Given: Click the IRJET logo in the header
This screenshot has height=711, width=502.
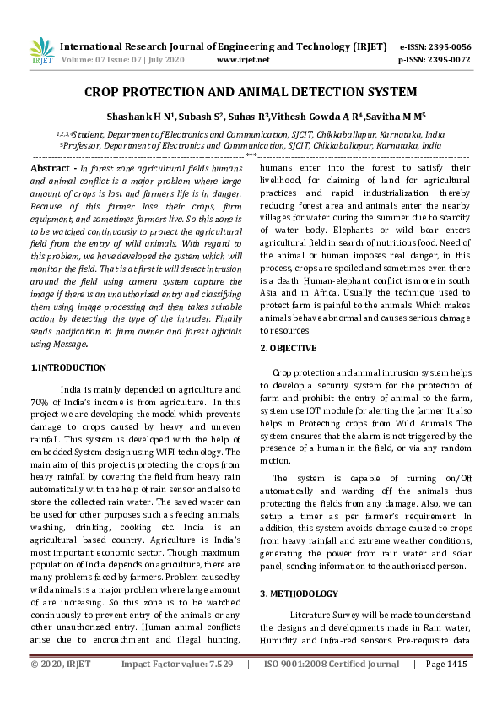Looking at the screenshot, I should [x=41, y=52].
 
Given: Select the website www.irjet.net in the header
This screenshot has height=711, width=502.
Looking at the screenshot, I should [x=243, y=60].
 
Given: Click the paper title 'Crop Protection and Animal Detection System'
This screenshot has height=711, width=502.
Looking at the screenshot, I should [x=251, y=91].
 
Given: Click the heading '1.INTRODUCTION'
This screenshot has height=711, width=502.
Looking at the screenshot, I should [x=68, y=367].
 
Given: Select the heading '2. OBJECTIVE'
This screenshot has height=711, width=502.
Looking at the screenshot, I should [x=289, y=348].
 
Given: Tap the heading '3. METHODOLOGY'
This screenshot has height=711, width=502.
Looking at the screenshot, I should [x=299, y=594].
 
